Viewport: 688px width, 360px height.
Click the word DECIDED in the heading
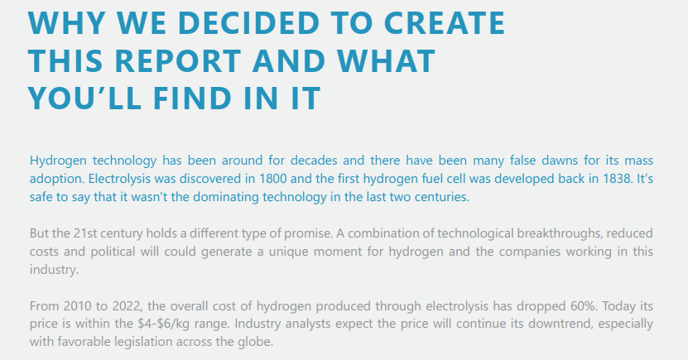click(x=248, y=23)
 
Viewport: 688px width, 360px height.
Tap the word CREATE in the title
click(x=445, y=23)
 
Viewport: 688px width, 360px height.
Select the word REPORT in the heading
click(x=178, y=61)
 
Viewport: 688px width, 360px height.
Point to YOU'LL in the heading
click(x=84, y=98)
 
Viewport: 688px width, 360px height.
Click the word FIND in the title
click(x=193, y=98)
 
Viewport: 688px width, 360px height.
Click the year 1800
click(x=272, y=179)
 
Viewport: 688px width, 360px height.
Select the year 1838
click(x=617, y=179)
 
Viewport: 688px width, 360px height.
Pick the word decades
click(x=314, y=161)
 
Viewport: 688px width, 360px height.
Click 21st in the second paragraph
click(x=85, y=233)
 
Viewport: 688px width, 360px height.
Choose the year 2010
click(x=77, y=306)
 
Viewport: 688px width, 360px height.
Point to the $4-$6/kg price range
click(x=170, y=324)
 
